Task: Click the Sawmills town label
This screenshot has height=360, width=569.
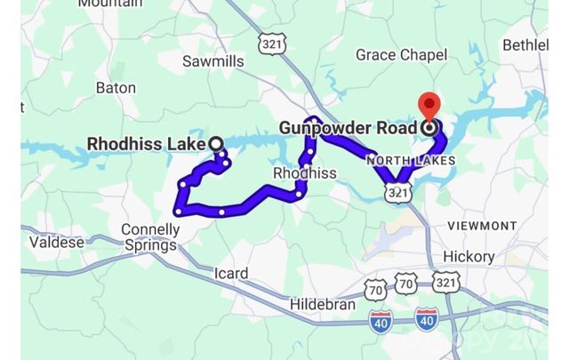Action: click(x=212, y=61)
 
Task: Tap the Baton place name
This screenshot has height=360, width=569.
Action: click(x=116, y=88)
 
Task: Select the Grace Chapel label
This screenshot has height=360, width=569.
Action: click(x=401, y=55)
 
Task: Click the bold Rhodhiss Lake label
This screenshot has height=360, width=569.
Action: click(x=147, y=144)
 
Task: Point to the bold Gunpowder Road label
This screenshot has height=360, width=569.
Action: click(x=348, y=128)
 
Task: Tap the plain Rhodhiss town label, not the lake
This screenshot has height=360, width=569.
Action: click(x=304, y=173)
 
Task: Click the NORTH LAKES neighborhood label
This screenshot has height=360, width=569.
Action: click(x=411, y=161)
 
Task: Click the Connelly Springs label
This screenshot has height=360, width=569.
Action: click(x=150, y=236)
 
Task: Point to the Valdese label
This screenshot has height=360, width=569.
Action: click(x=57, y=242)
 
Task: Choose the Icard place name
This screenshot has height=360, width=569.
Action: click(x=231, y=273)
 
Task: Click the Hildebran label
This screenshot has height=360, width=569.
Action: click(x=322, y=304)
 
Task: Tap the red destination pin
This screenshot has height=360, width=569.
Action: click(x=430, y=108)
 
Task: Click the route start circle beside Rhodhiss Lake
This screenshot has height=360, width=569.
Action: click(x=214, y=143)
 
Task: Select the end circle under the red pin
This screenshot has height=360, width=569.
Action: click(x=430, y=128)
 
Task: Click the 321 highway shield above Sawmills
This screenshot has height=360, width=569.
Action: click(x=268, y=42)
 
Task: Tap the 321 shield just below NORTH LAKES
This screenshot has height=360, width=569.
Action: click(x=399, y=192)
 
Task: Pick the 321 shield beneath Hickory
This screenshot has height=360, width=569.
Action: click(x=446, y=282)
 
